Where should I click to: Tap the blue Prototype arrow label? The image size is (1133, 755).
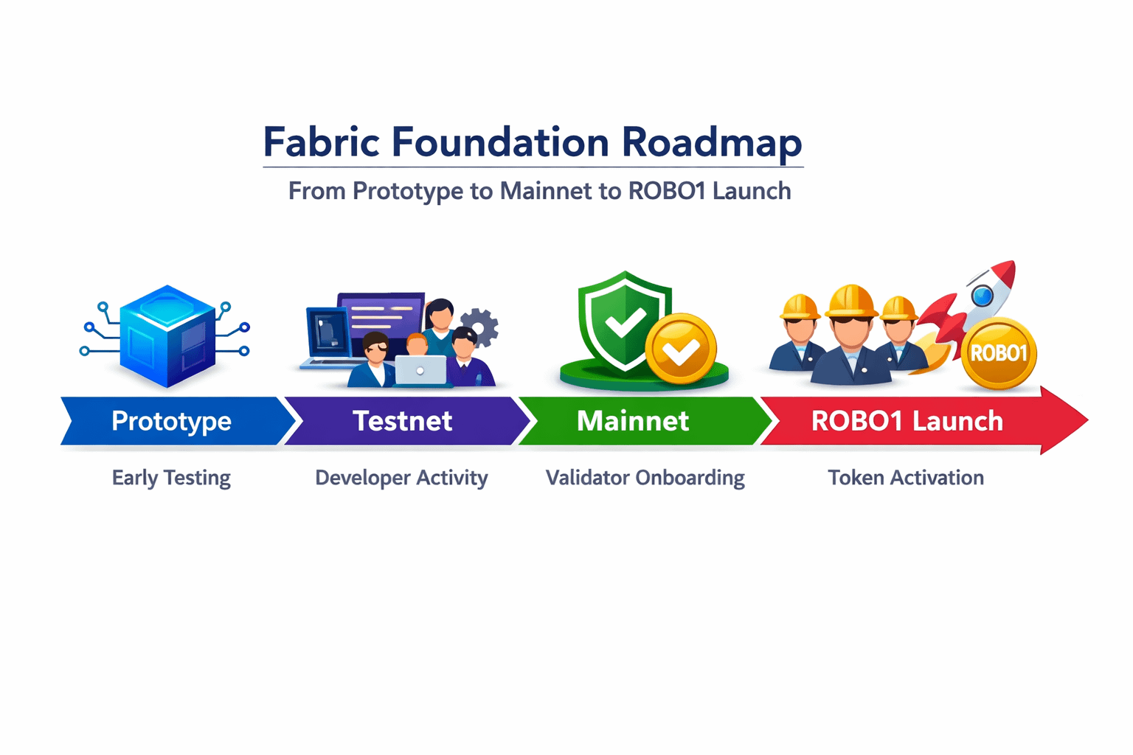[x=171, y=421]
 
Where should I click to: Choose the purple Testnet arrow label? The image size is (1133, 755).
[x=402, y=421]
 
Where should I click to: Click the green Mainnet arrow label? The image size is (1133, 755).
[x=633, y=421]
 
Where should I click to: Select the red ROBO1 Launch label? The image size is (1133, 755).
[x=907, y=421]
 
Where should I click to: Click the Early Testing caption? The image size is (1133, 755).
[x=171, y=478]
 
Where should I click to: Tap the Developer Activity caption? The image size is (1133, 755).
[x=401, y=478]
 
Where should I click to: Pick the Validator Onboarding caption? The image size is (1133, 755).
[x=645, y=478]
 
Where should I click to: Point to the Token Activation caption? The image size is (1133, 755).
[x=906, y=478]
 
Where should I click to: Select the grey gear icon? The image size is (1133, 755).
[x=480, y=327]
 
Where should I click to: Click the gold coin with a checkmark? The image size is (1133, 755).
[x=681, y=349]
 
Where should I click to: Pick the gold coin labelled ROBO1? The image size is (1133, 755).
[x=999, y=353]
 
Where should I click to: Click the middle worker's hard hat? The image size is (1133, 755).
[x=850, y=301]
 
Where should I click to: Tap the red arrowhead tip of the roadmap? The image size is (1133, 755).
[x=1077, y=420]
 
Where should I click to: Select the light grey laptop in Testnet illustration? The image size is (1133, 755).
[x=420, y=370]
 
